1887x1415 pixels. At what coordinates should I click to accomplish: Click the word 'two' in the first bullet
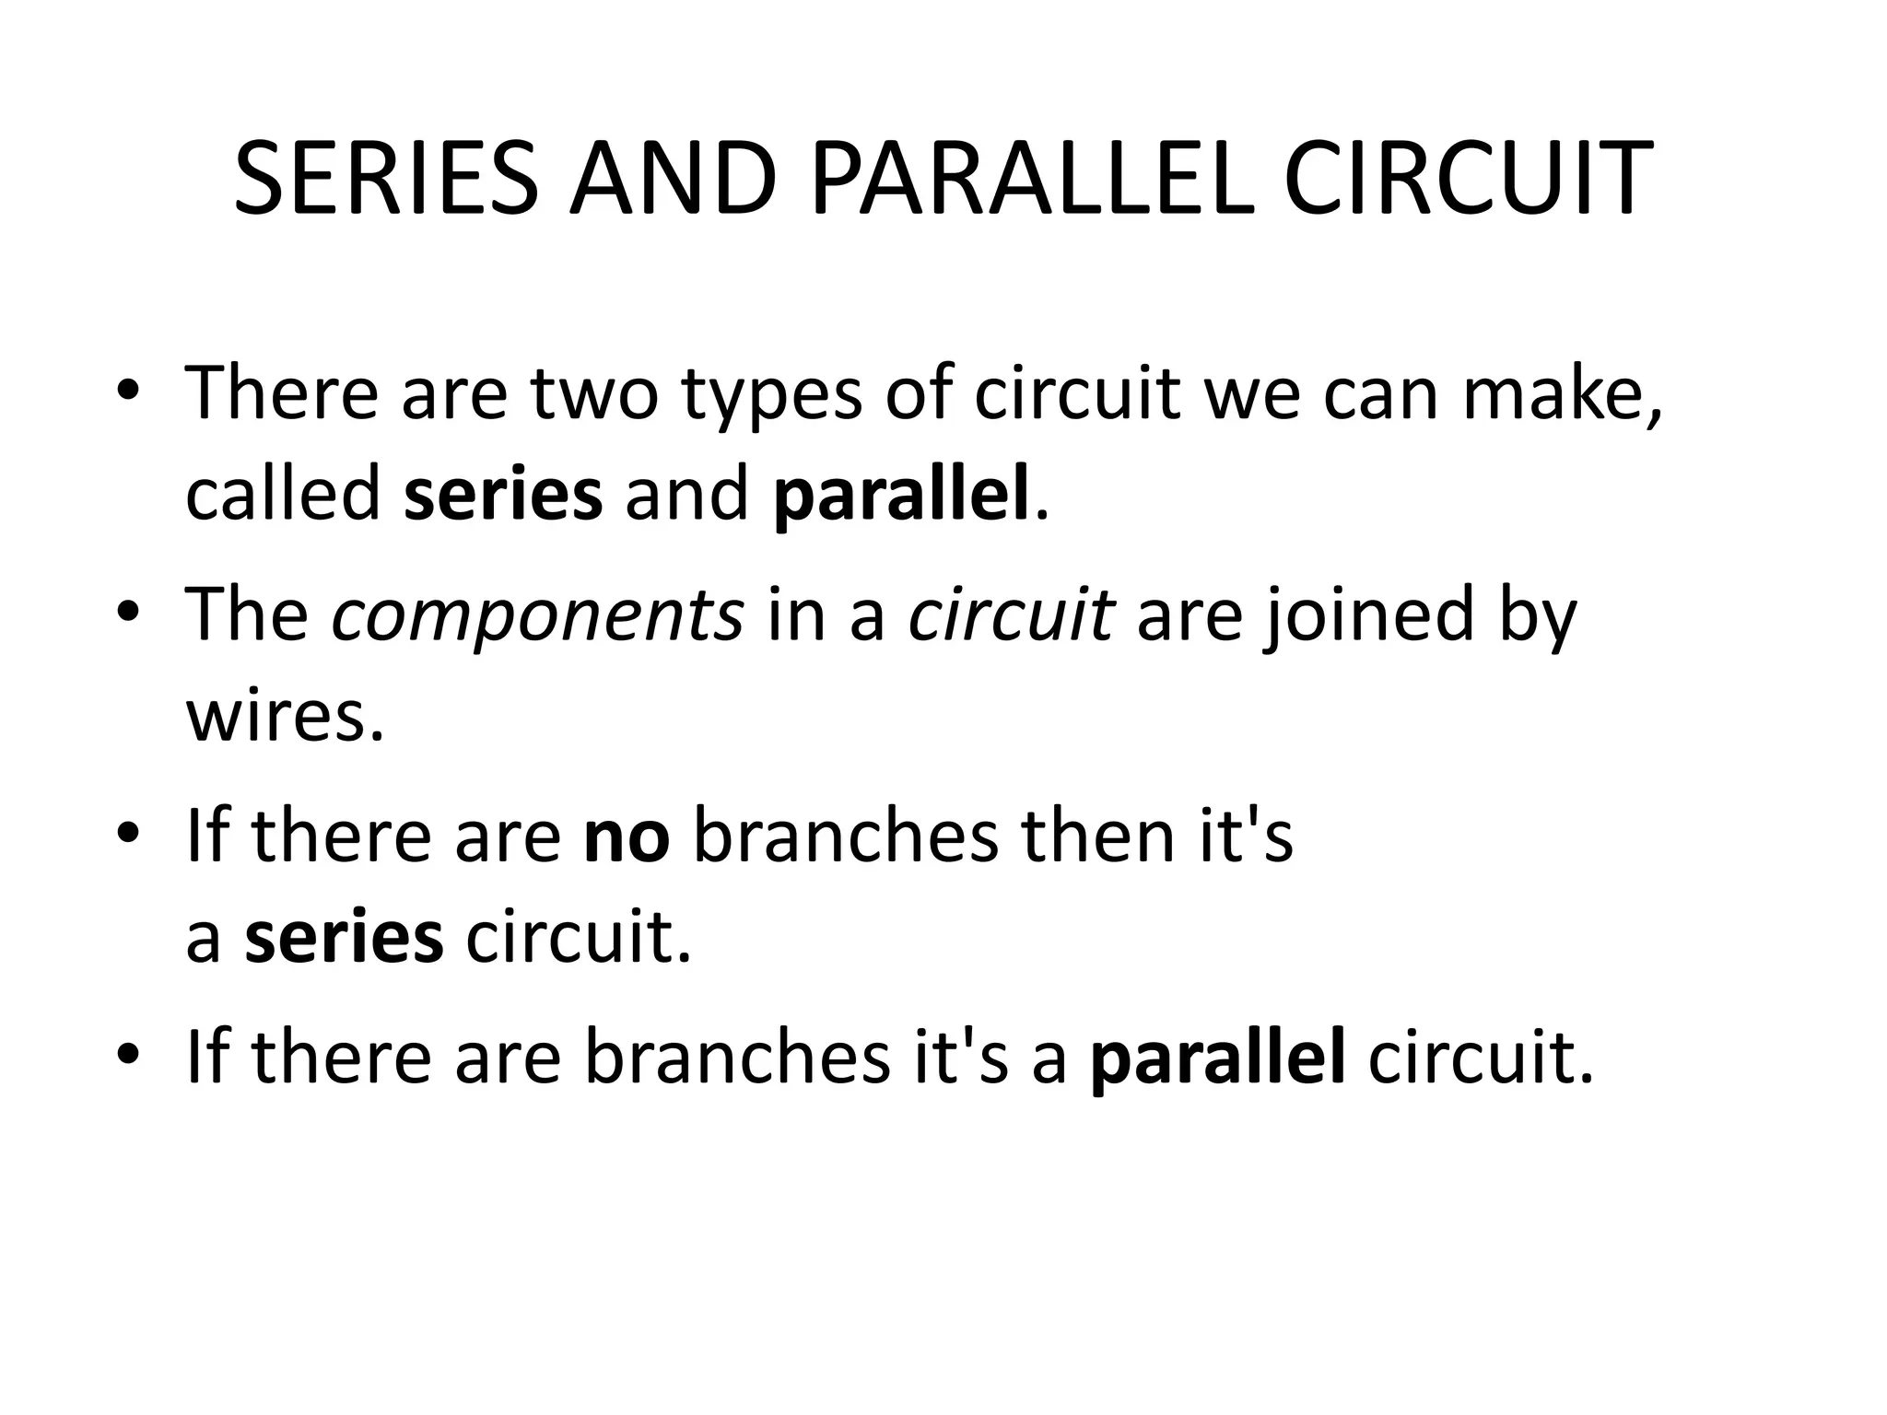[595, 393]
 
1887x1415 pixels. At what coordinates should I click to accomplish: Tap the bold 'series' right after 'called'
[503, 495]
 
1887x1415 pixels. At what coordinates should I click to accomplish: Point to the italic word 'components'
[537, 616]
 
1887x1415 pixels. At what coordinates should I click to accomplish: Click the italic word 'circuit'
[1012, 614]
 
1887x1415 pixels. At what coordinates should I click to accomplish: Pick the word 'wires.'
[285, 716]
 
